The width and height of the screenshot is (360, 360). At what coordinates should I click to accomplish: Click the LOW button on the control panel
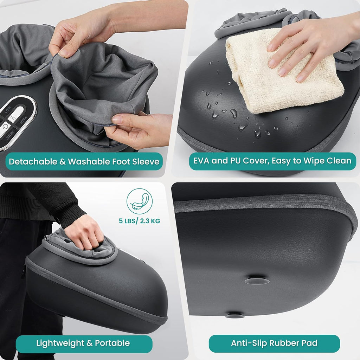8,110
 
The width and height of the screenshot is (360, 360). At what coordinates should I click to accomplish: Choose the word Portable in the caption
112,343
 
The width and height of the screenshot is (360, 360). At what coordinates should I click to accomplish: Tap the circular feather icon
140,201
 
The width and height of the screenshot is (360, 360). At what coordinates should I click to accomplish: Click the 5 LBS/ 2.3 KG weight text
140,221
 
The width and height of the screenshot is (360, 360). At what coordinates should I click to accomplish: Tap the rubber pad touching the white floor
235,315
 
